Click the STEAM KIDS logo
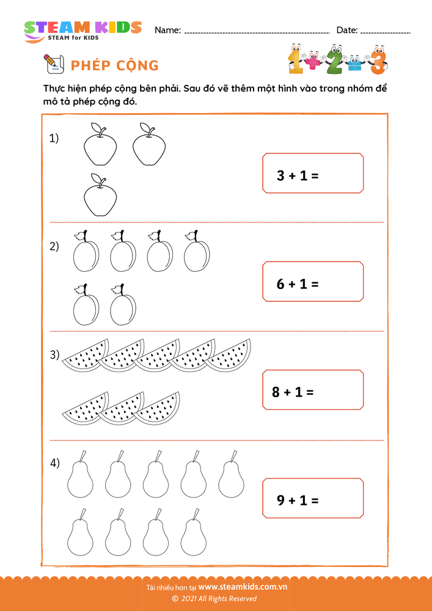click(82, 30)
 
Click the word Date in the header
click(346, 30)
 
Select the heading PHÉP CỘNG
click(115, 65)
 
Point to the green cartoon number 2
click(335, 59)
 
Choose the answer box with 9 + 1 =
click(313, 499)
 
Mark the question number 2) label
click(54, 246)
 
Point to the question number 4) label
click(54, 463)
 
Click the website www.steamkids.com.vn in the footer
click(243, 587)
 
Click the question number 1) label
click(54, 139)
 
